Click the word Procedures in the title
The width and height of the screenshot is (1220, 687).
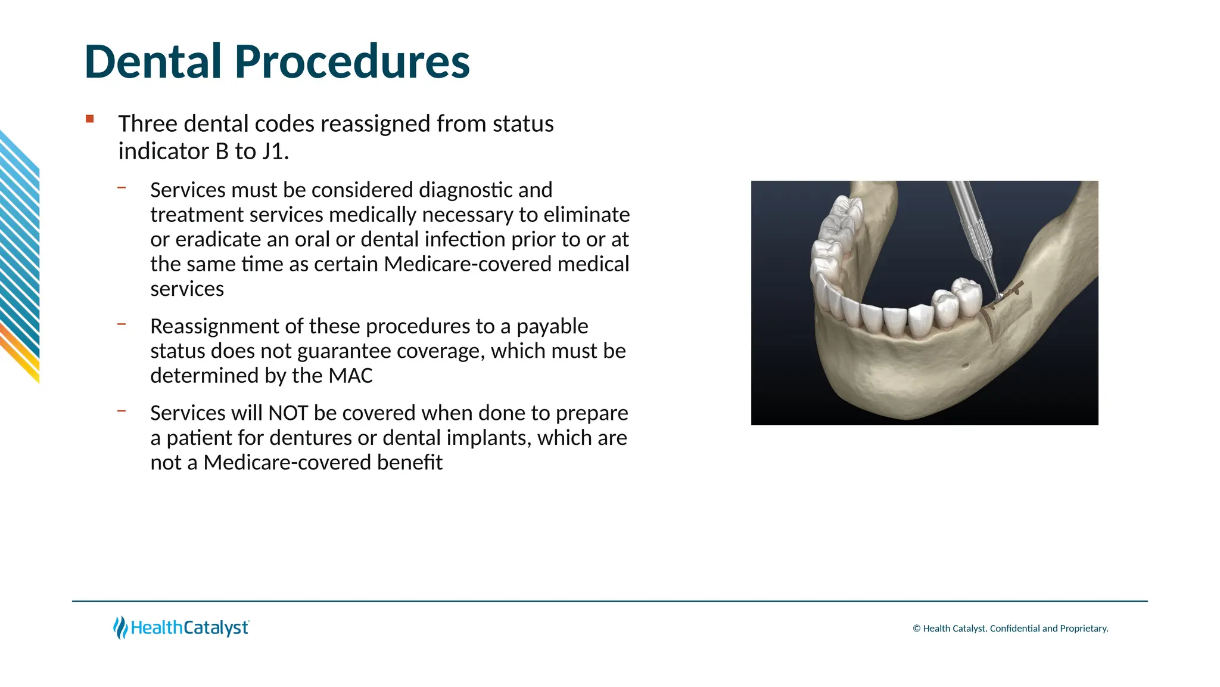[x=352, y=62]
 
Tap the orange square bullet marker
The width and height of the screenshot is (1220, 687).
[x=90, y=119]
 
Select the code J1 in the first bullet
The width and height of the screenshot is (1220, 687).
[x=275, y=151]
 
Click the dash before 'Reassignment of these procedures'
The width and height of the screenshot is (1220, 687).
[x=122, y=324]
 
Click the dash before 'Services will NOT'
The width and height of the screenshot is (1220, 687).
[x=122, y=411]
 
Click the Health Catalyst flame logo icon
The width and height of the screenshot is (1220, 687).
[x=120, y=627]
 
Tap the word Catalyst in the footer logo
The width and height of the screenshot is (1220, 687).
[x=216, y=628]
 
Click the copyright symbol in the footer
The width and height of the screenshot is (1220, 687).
[x=917, y=629]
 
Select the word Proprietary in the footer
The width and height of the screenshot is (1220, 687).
[x=1084, y=629]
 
